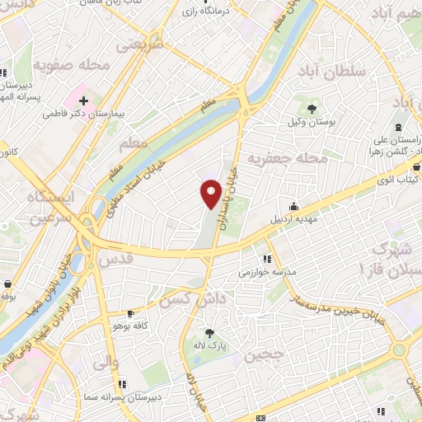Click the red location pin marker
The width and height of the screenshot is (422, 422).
[x=211, y=194]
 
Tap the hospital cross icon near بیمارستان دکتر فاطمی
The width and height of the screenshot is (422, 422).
[x=83, y=100]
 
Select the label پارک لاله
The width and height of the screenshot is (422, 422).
[x=212, y=347]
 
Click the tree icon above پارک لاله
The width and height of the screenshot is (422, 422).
[x=210, y=334]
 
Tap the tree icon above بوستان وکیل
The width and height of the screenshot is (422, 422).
[x=312, y=109]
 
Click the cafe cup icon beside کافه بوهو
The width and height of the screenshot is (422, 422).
[x=129, y=313]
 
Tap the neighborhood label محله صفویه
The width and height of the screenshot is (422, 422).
[x=67, y=64]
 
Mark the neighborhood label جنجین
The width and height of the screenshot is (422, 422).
[x=263, y=356]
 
